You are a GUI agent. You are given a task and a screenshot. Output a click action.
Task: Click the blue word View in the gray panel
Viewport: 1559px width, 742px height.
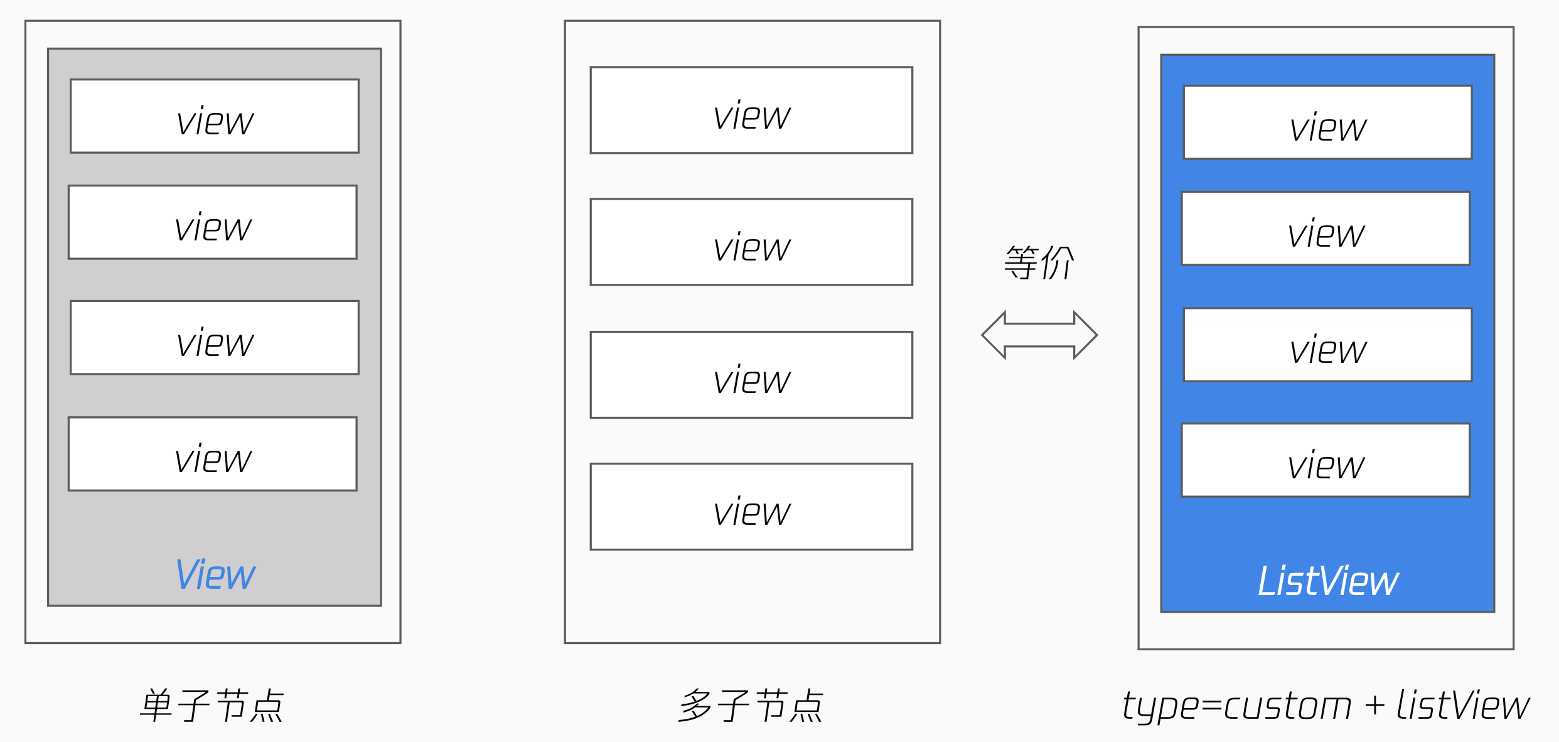click(215, 574)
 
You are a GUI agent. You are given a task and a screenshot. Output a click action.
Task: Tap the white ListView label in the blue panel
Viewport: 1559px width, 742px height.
click(1328, 581)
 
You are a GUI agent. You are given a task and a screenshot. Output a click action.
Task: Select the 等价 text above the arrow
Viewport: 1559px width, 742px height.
click(1039, 262)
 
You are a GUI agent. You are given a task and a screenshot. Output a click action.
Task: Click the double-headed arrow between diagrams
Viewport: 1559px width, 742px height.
click(1039, 335)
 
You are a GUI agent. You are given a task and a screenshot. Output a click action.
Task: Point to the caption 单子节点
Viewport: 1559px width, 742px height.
click(212, 705)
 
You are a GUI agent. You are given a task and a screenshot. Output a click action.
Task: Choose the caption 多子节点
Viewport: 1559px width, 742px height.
click(751, 705)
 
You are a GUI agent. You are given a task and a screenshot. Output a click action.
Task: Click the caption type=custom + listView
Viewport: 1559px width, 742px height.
click(1326, 706)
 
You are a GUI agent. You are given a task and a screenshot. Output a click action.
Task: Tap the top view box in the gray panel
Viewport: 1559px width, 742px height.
click(215, 116)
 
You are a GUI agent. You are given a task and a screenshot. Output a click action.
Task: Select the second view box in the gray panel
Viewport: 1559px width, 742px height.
click(213, 222)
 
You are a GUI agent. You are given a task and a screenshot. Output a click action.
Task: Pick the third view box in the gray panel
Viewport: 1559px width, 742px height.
click(215, 338)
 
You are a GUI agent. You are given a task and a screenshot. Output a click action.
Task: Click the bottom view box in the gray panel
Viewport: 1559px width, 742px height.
click(213, 454)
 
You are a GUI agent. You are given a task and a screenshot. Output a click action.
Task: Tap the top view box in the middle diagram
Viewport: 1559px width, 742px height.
click(751, 110)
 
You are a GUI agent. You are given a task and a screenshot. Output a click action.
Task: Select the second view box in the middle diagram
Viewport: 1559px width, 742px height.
click(751, 242)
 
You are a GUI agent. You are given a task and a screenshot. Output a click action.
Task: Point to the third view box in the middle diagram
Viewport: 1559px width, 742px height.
click(751, 375)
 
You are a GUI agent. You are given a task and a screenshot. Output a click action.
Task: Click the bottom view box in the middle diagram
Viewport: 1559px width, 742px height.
click(751, 507)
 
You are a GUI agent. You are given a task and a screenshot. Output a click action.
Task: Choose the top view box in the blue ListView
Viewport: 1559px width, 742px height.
click(1327, 122)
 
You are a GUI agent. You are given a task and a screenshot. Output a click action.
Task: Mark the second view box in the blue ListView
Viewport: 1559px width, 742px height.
click(1326, 229)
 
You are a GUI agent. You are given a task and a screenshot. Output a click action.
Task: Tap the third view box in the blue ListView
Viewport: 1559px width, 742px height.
click(1327, 345)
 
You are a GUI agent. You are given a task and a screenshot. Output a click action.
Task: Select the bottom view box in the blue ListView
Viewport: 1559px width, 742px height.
click(1326, 460)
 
